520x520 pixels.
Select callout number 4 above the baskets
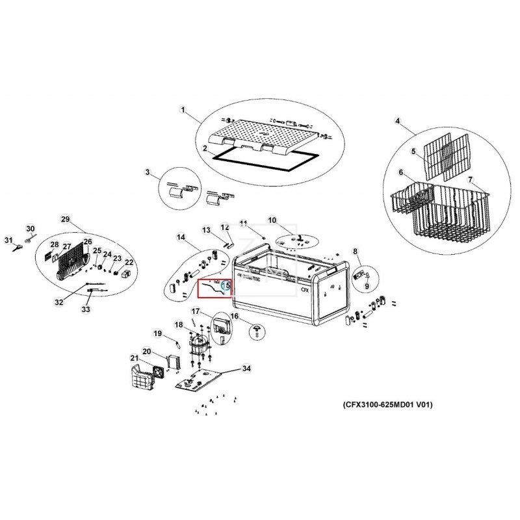[x=397, y=120]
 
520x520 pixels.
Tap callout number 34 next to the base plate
[x=246, y=369]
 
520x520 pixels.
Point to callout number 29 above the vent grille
[x=65, y=218]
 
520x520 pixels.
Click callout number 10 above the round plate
[x=272, y=220]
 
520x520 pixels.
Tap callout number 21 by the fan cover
[x=134, y=358]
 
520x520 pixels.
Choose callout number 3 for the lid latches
[x=148, y=172]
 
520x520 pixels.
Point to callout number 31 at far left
[x=9, y=240]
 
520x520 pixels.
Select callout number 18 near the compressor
[x=179, y=324]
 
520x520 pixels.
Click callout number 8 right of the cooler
[x=356, y=252]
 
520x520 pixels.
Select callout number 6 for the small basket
[x=401, y=172]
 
